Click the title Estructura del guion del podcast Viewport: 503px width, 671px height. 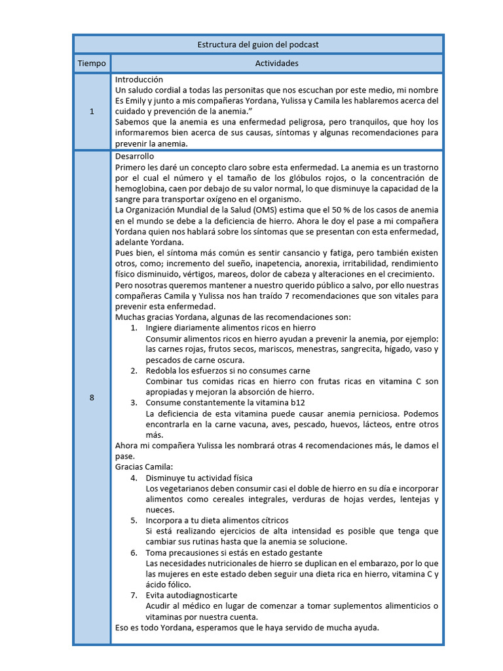click(258, 45)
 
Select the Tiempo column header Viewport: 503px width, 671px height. click(92, 64)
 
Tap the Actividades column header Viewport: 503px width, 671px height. click(276, 64)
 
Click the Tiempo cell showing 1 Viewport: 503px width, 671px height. click(92, 111)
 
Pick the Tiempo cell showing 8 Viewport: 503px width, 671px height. click(92, 398)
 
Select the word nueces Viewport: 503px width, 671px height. click(160, 510)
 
